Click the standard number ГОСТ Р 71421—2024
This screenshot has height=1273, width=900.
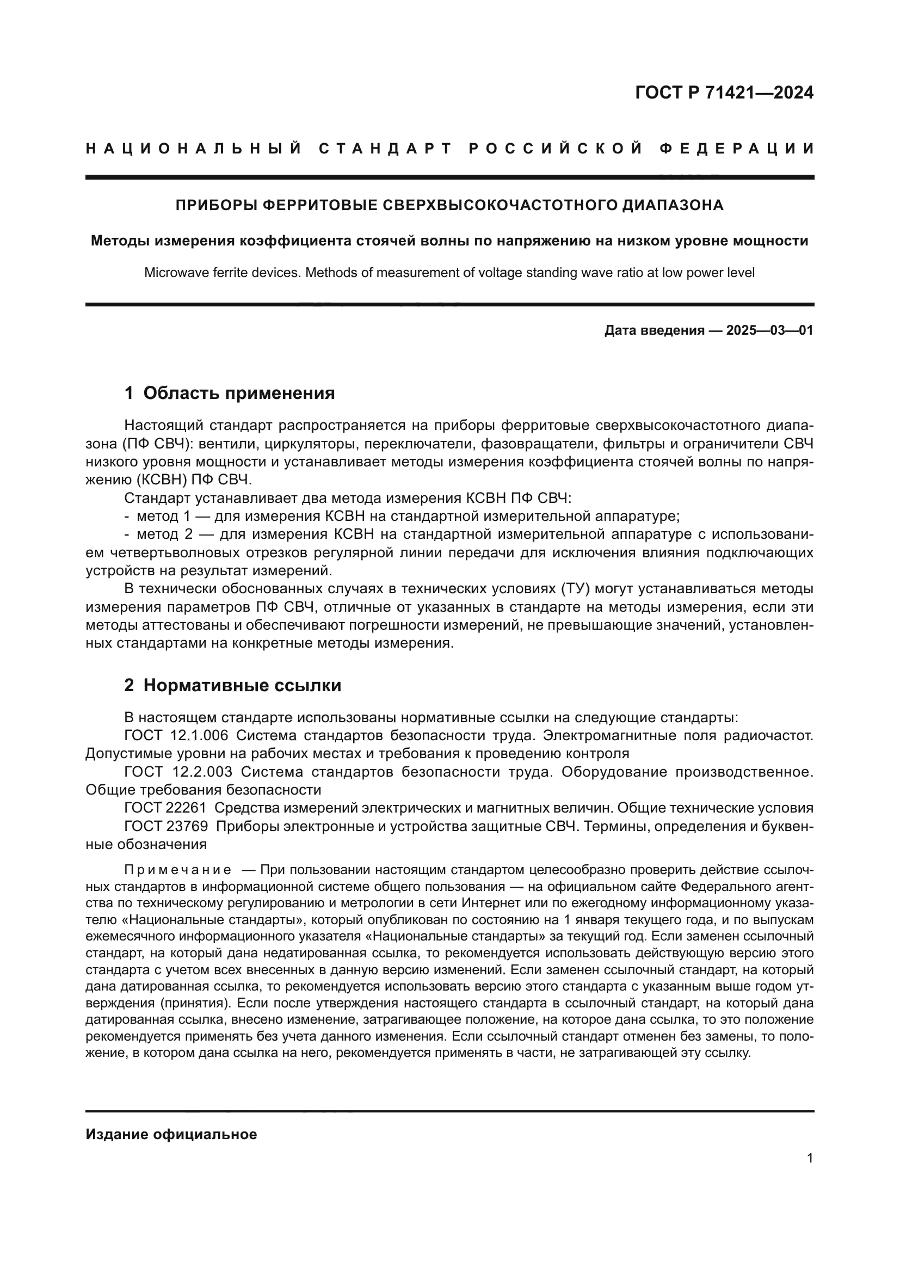(x=724, y=93)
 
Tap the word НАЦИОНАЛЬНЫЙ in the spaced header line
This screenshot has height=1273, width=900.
(x=194, y=149)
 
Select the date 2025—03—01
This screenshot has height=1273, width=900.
(x=769, y=330)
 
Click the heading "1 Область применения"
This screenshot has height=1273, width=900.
(x=230, y=393)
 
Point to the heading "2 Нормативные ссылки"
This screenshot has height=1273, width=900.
(x=233, y=685)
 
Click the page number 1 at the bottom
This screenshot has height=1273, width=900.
(x=810, y=1158)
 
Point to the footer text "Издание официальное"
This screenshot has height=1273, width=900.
(x=171, y=1134)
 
